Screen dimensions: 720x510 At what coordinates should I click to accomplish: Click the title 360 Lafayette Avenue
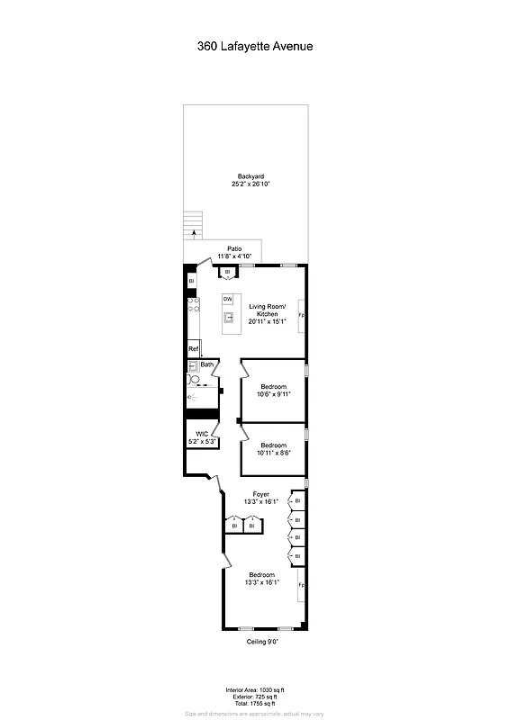pyautogui.click(x=255, y=45)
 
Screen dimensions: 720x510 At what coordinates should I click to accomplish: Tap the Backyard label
pyautogui.click(x=250, y=176)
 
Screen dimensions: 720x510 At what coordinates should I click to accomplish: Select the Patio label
pyautogui.click(x=234, y=248)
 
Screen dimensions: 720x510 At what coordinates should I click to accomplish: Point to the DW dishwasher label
pyautogui.click(x=228, y=299)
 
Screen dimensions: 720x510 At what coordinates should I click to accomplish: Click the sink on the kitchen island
pyautogui.click(x=229, y=317)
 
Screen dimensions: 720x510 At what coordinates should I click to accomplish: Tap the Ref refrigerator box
pyautogui.click(x=193, y=349)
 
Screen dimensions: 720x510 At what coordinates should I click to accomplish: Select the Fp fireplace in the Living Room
pyautogui.click(x=301, y=317)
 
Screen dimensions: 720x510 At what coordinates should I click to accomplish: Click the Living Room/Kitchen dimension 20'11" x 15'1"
pyautogui.click(x=268, y=321)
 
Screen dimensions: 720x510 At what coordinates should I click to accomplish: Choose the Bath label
pyautogui.click(x=207, y=364)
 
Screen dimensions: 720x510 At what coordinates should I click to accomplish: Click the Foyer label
pyautogui.click(x=261, y=494)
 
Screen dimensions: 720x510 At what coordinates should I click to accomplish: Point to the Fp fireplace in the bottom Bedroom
pyautogui.click(x=301, y=586)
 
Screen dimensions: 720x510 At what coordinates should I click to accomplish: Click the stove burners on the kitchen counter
pyautogui.click(x=193, y=307)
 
